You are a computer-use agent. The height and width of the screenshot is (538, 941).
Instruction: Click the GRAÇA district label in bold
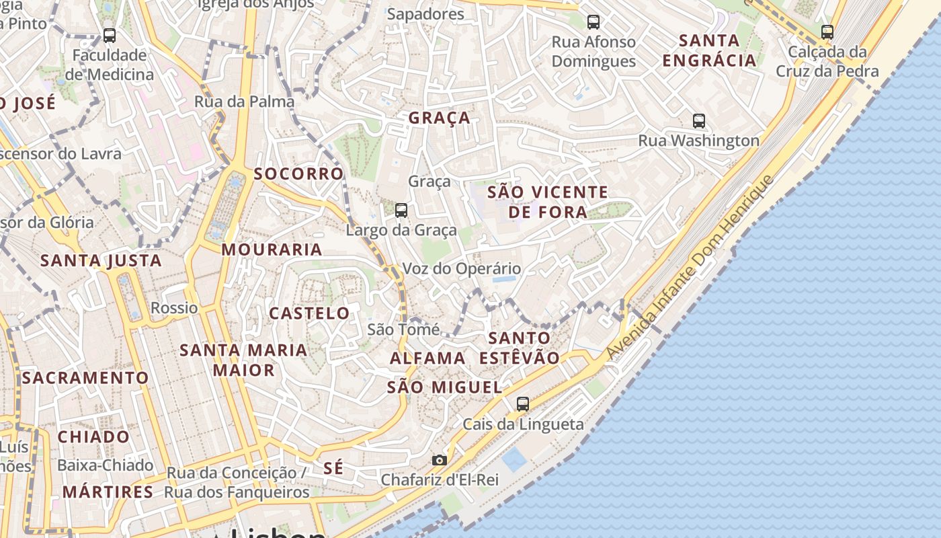click(440, 118)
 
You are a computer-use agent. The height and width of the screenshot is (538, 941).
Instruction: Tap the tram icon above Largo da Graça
click(401, 210)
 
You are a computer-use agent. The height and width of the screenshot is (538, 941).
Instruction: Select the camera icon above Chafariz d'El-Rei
click(440, 460)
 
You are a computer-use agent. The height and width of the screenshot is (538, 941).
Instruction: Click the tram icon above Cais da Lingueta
click(523, 404)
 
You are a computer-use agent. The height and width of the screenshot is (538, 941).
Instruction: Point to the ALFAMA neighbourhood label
click(427, 358)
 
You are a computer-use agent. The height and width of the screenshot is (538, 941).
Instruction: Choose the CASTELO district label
click(309, 313)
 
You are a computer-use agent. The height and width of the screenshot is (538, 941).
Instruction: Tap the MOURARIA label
click(272, 249)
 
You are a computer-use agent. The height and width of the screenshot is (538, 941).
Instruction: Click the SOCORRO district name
click(298, 174)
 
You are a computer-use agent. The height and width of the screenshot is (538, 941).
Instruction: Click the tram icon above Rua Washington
click(699, 121)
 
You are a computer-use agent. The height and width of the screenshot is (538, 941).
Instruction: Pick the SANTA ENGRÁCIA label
click(709, 50)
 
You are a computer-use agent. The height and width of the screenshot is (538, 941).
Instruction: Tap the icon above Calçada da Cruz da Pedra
click(827, 32)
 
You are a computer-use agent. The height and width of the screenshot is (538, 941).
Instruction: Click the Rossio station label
click(174, 308)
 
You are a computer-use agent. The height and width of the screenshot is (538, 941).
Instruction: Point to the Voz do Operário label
click(461, 269)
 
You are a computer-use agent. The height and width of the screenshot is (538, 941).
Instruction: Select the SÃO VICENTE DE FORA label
click(547, 202)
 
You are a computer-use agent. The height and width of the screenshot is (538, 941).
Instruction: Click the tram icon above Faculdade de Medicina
click(110, 36)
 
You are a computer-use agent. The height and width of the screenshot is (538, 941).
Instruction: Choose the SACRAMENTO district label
click(85, 378)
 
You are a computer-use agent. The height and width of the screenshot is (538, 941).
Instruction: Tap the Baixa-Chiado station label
click(105, 465)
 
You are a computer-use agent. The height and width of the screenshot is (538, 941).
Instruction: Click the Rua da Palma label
click(244, 102)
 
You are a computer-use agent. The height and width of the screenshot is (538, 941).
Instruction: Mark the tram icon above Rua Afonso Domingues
click(594, 22)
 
